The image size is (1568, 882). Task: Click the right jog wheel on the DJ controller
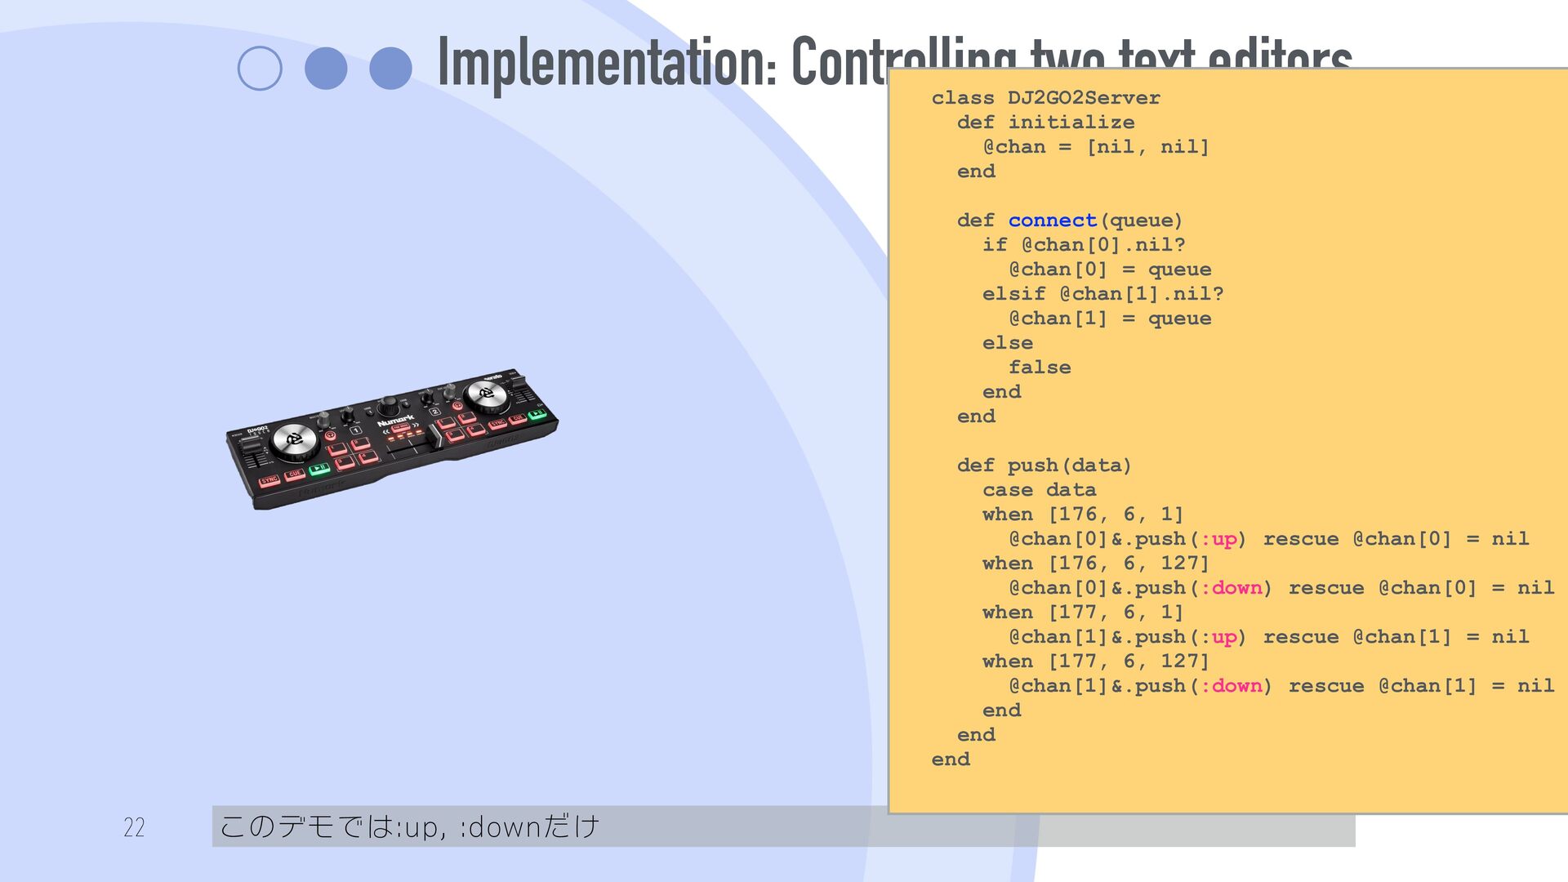point(486,393)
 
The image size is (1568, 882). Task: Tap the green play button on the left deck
point(319,469)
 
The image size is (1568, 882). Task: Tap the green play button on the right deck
point(537,415)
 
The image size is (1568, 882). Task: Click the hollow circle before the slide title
point(260,69)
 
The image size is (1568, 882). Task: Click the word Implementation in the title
point(607,62)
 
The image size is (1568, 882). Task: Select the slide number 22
point(134,827)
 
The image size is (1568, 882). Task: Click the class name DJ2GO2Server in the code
point(1083,98)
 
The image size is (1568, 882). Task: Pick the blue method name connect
point(1052,220)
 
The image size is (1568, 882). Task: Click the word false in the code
point(1039,367)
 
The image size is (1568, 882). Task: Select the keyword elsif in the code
point(1013,294)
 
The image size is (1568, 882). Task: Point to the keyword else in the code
point(1007,343)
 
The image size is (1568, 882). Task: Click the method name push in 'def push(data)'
point(1032,465)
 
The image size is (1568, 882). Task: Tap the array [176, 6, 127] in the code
point(1128,563)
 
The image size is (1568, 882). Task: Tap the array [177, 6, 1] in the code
point(1116,612)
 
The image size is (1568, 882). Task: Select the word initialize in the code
point(1071,122)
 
